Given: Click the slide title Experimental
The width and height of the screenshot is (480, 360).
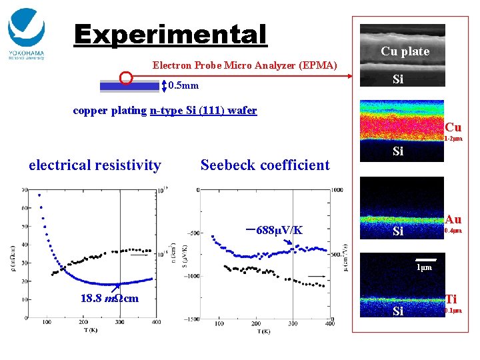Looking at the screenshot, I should [170, 35].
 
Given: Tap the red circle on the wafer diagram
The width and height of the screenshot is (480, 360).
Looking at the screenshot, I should [125, 78].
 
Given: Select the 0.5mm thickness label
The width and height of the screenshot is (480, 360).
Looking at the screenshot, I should [183, 86].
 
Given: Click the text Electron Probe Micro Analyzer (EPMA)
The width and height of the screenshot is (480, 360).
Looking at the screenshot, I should [245, 65].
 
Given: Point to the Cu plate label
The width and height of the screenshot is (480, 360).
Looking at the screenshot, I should [405, 51].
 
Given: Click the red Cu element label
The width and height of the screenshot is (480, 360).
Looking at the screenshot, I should [453, 127].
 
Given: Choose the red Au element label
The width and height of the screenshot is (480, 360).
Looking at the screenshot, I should [453, 219].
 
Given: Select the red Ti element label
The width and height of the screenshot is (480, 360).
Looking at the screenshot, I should [451, 300].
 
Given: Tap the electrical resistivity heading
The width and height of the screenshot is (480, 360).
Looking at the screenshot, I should [95, 165].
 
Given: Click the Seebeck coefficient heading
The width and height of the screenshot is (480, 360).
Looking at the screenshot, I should [265, 165].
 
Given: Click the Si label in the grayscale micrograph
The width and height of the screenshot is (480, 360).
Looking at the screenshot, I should [398, 79].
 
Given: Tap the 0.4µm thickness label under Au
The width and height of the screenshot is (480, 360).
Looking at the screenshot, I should [453, 231].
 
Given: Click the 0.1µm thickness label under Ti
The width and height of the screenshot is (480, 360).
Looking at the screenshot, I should [453, 311].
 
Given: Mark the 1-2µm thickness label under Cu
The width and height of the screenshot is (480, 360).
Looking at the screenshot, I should [453, 139].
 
